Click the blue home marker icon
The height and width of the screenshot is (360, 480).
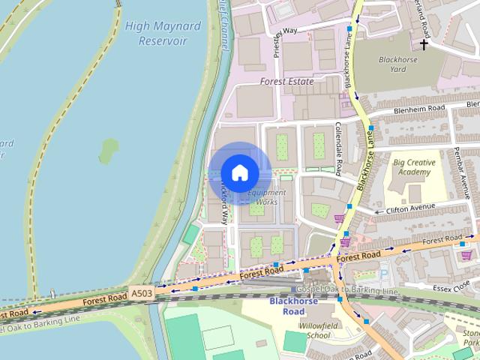239,172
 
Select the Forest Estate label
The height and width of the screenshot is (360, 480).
286,81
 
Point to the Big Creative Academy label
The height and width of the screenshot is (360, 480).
412,167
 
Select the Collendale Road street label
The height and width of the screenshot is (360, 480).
338,143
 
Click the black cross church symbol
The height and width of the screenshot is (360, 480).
424,44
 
